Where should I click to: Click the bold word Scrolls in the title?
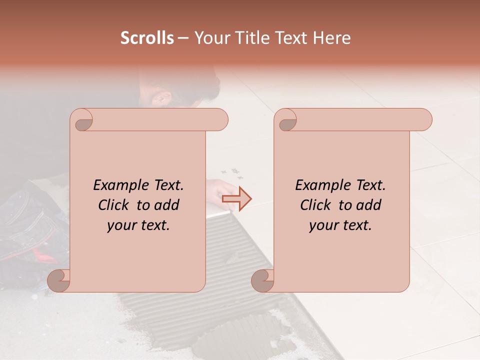point(147,38)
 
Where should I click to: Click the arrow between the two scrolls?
point(237,199)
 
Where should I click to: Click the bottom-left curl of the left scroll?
point(59,280)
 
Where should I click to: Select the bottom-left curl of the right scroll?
point(263,280)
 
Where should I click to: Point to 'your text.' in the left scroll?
point(138,225)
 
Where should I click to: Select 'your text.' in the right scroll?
point(340,225)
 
